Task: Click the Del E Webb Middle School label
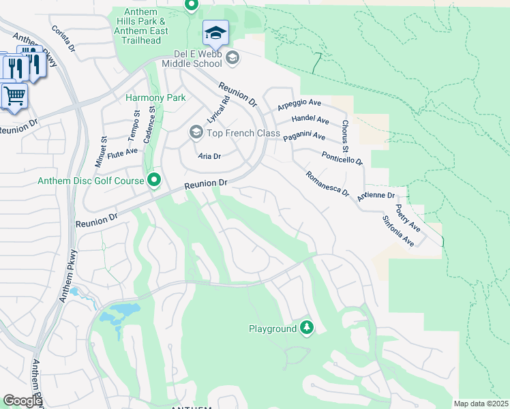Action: click(192, 58)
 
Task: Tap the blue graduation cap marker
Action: click(215, 32)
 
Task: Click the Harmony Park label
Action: click(155, 97)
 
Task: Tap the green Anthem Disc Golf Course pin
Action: click(155, 181)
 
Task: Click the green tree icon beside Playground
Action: click(307, 329)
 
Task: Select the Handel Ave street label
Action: click(310, 120)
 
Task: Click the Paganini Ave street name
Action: click(304, 136)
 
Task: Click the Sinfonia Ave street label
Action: click(397, 230)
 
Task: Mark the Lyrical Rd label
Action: click(218, 106)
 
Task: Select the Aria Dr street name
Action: click(209, 156)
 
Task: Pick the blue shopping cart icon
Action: click(14, 95)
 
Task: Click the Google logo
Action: click(22, 401)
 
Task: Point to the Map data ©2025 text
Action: click(481, 404)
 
